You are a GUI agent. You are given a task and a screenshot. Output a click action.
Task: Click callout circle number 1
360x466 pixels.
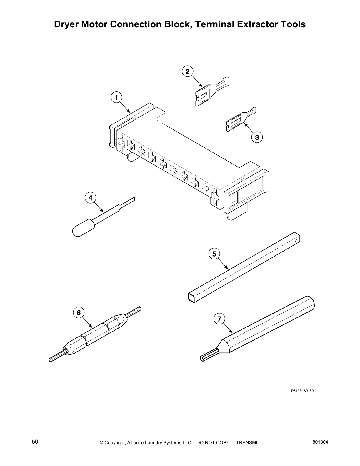[x=116, y=97]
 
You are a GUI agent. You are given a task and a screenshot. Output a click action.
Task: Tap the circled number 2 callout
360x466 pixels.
[x=188, y=71]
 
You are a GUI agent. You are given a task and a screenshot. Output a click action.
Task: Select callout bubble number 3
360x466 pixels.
[x=257, y=137]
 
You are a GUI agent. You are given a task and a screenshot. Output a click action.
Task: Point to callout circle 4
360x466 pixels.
[x=91, y=198]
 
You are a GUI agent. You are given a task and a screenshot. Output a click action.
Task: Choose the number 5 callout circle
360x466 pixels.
[x=214, y=254]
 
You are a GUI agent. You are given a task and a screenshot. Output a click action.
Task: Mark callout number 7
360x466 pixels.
[x=219, y=319]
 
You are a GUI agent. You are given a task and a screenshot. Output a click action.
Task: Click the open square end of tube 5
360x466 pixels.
[x=192, y=297]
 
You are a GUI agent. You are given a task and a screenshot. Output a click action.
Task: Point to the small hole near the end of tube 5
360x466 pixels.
[x=296, y=241]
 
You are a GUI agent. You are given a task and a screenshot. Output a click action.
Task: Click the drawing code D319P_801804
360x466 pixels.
[x=303, y=391]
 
